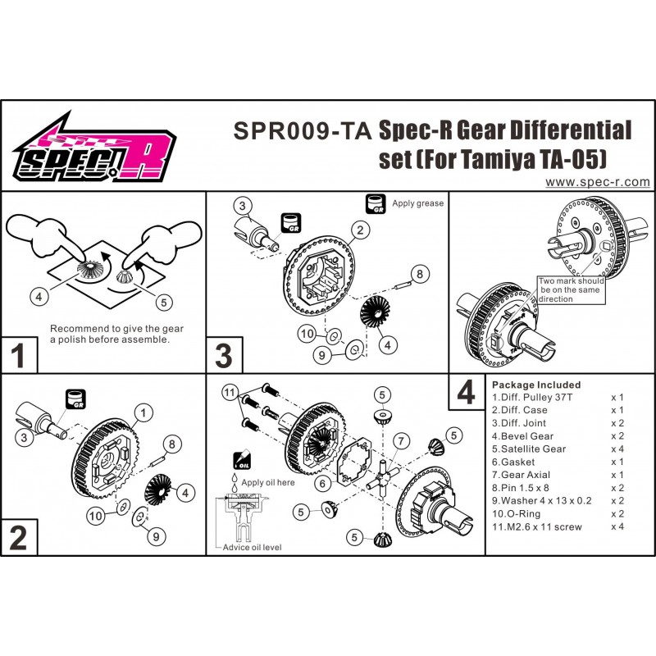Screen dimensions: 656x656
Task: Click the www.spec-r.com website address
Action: (598, 182)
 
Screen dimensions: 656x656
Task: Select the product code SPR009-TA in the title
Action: (303, 131)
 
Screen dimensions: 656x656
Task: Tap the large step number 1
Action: (17, 356)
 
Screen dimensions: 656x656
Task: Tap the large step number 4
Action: (466, 393)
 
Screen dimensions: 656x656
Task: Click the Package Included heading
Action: (536, 385)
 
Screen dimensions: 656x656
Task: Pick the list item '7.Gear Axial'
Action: (521, 475)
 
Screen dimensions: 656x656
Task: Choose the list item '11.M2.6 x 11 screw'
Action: (537, 526)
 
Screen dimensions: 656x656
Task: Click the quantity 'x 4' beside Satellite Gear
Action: (617, 449)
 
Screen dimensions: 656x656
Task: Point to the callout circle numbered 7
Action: (401, 440)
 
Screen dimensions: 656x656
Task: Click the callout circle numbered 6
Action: (322, 484)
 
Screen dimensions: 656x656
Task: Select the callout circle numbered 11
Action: (230, 393)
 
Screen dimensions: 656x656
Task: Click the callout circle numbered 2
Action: (360, 230)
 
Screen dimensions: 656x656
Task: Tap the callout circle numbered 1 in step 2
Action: (143, 413)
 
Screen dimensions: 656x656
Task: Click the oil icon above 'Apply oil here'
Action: (241, 460)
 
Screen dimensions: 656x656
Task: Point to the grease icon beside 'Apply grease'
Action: (376, 203)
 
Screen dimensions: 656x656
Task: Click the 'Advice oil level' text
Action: (252, 547)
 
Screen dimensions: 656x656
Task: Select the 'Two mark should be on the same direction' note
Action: (571, 290)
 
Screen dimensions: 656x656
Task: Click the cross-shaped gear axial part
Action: (383, 478)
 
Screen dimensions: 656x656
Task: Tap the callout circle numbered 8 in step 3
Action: (420, 274)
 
